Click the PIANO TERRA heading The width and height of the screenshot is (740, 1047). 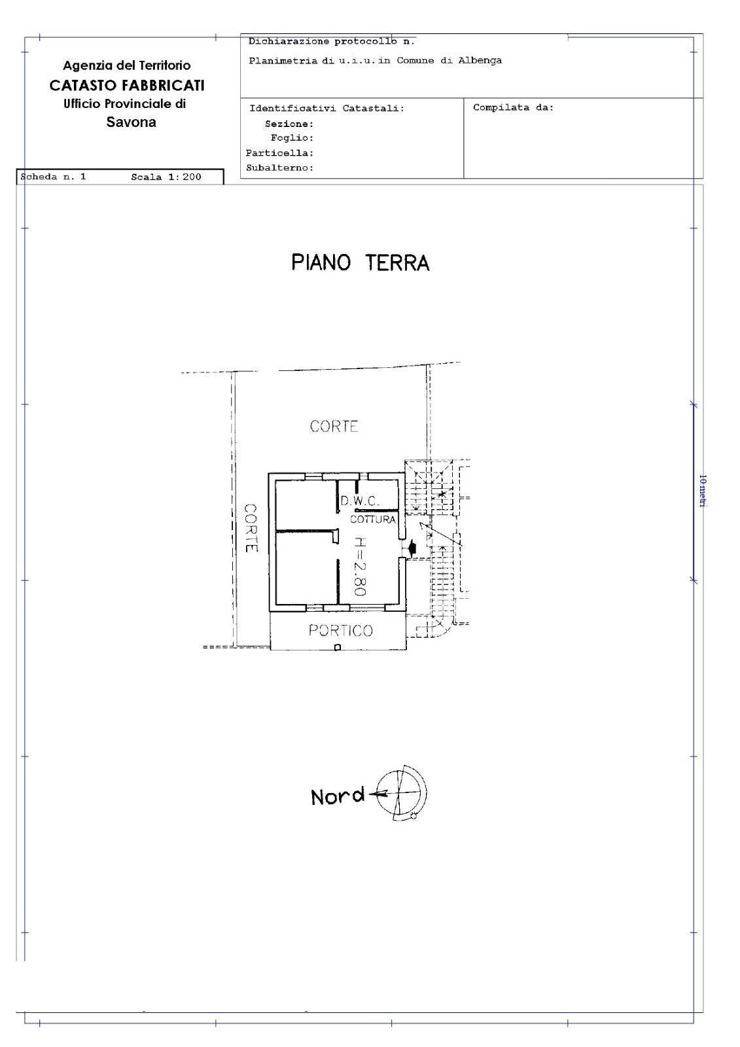tap(360, 262)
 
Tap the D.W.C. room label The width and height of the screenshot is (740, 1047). tap(359, 501)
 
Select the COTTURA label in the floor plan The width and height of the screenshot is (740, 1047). tap(373, 520)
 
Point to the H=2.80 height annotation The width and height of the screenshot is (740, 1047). tap(359, 567)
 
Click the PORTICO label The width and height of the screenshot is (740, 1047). tap(341, 631)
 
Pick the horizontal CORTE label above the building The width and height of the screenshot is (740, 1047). tap(334, 426)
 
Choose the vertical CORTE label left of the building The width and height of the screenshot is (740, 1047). tap(251, 527)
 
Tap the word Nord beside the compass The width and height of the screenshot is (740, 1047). tap(338, 796)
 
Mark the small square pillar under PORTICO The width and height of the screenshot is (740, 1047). tap(338, 647)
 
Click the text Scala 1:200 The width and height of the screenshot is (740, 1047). tap(166, 177)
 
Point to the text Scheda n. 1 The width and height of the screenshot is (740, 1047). tap(53, 177)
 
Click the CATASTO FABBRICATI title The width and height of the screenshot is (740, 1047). tap(127, 86)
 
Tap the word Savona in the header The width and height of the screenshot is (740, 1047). tap(131, 122)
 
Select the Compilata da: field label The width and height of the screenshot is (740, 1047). tap(513, 107)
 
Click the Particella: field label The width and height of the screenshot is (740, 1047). tap(279, 153)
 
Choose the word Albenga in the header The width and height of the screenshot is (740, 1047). tap(480, 61)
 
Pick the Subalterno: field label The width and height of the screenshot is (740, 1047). tap(279, 168)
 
